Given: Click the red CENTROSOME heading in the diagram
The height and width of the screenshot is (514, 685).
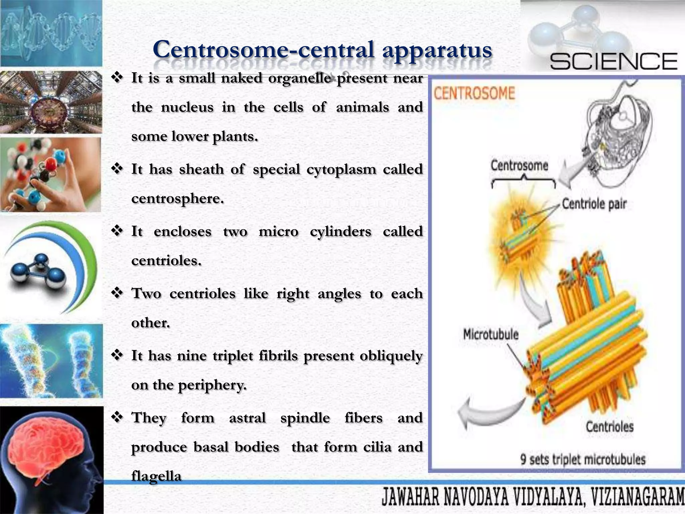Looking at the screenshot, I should click(474, 93).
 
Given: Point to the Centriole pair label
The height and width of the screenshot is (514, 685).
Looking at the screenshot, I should click(594, 204).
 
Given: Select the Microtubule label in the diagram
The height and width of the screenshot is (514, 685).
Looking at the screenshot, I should click(491, 334).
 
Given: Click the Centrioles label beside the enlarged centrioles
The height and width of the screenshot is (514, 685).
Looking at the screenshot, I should click(609, 427).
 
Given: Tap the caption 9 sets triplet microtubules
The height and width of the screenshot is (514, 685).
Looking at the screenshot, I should click(583, 459).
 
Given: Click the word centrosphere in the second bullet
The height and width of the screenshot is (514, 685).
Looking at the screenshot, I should click(177, 199).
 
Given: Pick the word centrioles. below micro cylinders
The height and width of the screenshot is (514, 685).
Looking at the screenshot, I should click(166, 261).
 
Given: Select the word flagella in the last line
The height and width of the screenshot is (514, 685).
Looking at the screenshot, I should click(156, 476).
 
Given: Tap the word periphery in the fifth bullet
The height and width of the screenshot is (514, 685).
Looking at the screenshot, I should click(212, 385).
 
